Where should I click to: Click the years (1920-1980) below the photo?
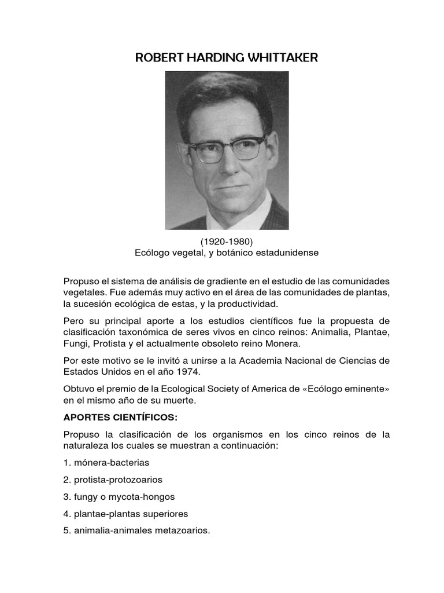pos(226,241)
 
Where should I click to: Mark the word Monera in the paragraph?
pos(283,343)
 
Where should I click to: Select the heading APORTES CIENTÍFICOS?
pos(119,417)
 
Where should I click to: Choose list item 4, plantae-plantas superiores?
pos(126,514)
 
